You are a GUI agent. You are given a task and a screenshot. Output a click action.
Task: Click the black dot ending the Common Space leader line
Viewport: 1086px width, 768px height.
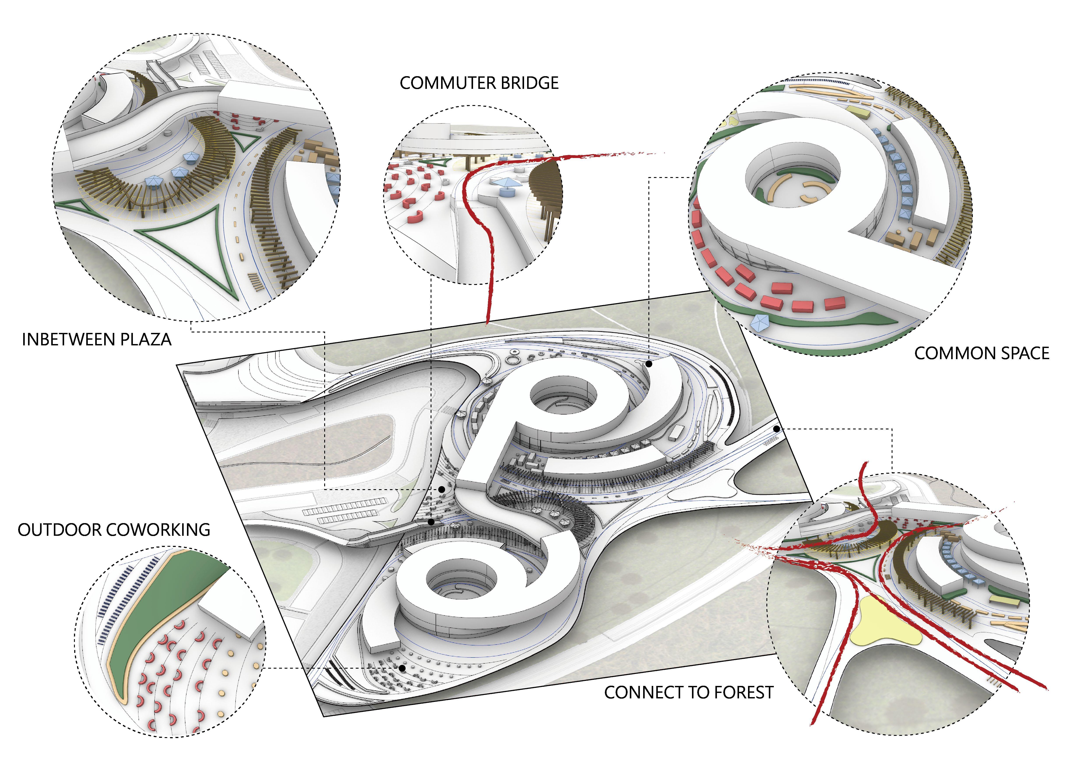[649, 364]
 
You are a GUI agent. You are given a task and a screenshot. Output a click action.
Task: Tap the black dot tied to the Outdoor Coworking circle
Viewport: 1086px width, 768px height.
[401, 668]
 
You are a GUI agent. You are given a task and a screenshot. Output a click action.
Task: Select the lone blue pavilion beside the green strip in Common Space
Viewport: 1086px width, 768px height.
[760, 323]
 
